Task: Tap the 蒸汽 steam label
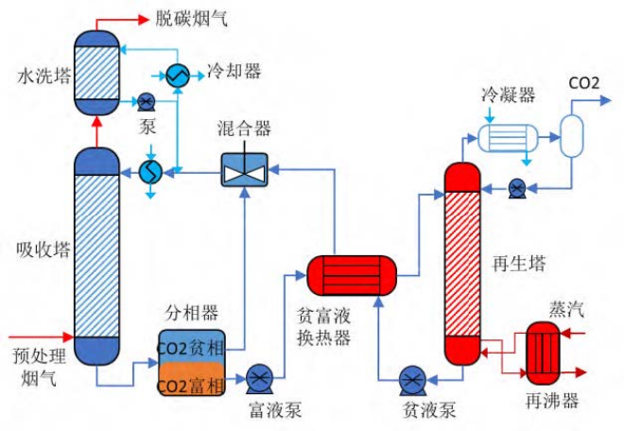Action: pos(567,309)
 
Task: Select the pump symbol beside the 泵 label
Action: pos(147,102)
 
